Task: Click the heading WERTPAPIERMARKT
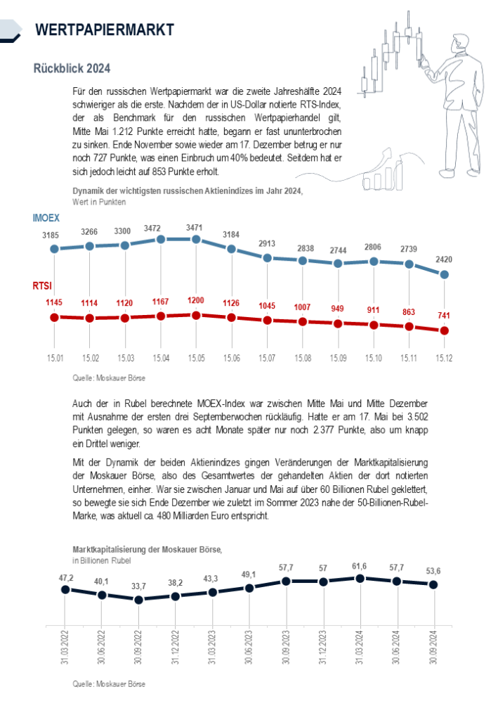pos(104,29)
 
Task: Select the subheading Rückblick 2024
pos(71,69)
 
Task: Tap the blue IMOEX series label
pos(46,218)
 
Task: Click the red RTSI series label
pos(42,286)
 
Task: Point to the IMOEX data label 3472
pos(160,229)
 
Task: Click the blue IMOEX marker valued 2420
pos(444,275)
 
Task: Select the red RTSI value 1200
pos(196,301)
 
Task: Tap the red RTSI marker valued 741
pos(444,330)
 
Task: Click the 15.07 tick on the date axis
pos(267,359)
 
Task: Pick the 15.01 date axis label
pos(55,359)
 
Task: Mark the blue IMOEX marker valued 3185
pos(55,249)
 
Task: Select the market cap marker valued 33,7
pos(138,600)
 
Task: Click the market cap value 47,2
pos(65,578)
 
